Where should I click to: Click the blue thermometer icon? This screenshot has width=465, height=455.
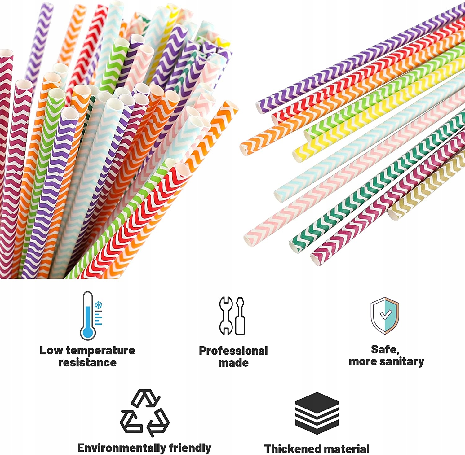(x=88, y=316)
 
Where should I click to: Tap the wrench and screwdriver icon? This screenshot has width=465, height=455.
(x=232, y=316)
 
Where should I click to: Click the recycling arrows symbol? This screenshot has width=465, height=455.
(x=145, y=413)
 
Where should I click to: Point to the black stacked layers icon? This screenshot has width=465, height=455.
(x=317, y=413)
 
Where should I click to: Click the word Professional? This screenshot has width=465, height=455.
(x=233, y=351)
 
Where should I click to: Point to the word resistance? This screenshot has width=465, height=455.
(x=87, y=362)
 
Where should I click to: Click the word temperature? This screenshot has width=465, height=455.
(x=100, y=350)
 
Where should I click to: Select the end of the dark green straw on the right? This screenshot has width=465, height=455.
(x=294, y=247)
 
